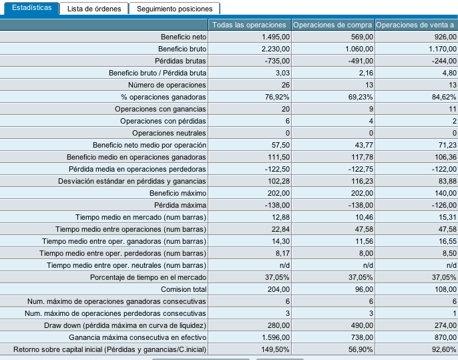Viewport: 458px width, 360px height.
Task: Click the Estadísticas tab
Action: point(31,8)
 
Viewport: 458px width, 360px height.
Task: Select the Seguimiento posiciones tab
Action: point(174,9)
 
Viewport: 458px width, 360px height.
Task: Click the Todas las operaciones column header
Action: point(249,25)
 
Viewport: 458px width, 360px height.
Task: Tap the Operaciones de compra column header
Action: point(332,25)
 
